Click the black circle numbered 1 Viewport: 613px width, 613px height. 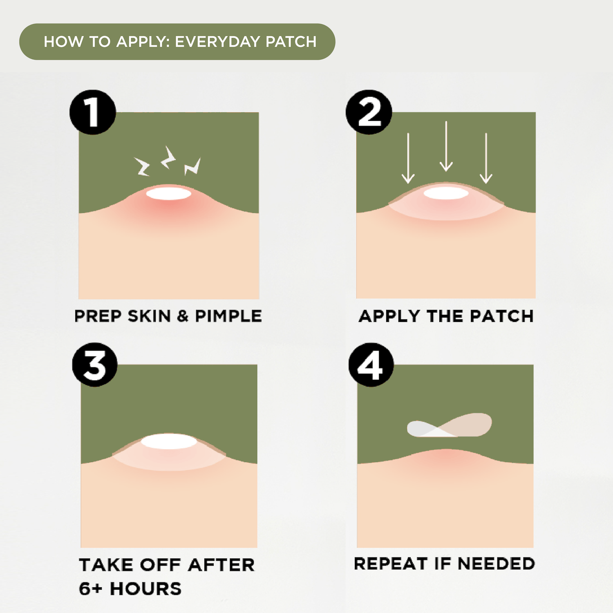92,112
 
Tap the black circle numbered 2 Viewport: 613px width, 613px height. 369,112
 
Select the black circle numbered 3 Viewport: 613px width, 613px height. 95,365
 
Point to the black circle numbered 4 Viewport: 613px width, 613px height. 371,365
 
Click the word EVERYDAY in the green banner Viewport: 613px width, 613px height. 217,42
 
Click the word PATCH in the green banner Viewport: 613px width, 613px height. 291,42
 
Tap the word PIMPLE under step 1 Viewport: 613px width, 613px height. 228,316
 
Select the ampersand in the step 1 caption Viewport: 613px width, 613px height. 183,316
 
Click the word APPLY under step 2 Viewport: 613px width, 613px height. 389,316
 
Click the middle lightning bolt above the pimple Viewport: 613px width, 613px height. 168,157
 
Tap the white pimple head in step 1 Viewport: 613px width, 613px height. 168,193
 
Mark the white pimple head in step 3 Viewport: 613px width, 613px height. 169,442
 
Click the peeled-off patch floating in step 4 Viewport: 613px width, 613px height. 450,425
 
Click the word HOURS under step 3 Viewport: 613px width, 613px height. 145,589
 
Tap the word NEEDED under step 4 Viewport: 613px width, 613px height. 496,564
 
